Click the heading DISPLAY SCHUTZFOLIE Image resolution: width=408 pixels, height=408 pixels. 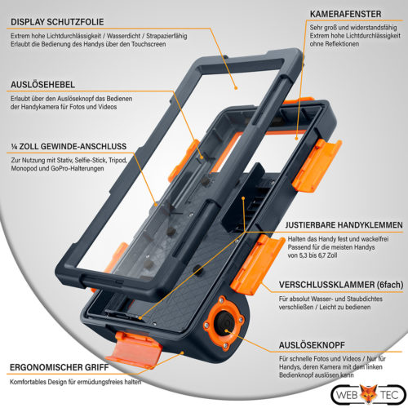57,22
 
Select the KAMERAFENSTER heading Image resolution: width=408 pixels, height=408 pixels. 345,14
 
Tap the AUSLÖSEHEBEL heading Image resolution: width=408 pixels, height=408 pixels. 42,85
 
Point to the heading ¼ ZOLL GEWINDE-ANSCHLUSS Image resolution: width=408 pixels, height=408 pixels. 69,147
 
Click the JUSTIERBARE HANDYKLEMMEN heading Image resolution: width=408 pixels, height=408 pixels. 344,225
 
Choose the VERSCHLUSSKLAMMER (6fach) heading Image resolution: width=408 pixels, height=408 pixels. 341,285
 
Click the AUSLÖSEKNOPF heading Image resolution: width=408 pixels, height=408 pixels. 312,345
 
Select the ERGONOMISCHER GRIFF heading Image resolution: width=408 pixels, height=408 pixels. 60,367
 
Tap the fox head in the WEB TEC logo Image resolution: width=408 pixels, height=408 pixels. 369,394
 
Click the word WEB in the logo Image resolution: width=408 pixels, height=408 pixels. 347,395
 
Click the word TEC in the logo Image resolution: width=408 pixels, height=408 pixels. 389,395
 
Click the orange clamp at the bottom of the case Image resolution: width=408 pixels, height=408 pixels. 134,348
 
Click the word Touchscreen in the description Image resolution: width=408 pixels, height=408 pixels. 149,44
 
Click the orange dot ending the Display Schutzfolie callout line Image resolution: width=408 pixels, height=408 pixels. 236,88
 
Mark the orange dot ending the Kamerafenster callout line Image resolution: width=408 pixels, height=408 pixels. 297,139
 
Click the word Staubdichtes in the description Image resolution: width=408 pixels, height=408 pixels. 363,299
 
